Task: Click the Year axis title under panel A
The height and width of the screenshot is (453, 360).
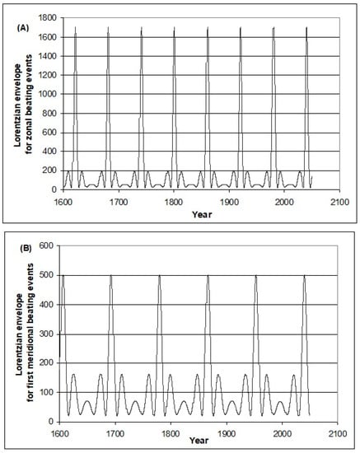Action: click(196, 212)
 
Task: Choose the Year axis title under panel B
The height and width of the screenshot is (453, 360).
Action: click(196, 444)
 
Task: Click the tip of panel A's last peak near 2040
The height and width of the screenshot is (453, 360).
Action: click(306, 27)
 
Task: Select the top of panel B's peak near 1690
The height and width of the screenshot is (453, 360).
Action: click(110, 275)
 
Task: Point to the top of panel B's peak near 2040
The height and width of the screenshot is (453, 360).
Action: click(304, 275)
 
